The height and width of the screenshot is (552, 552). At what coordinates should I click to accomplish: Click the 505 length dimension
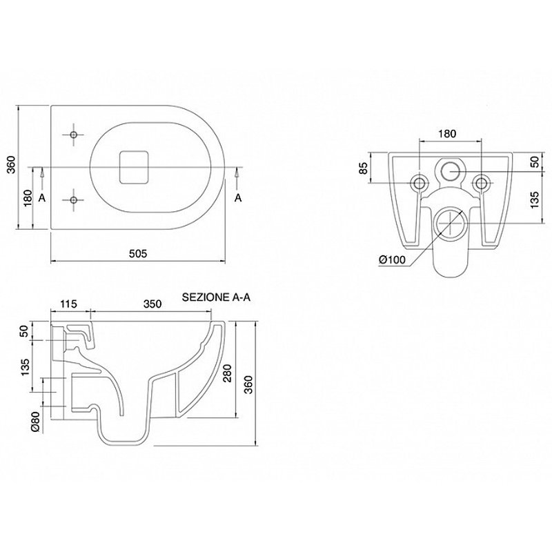pyautogui.click(x=137, y=253)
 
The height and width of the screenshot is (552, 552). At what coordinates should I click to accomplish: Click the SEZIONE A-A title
pyautogui.click(x=216, y=297)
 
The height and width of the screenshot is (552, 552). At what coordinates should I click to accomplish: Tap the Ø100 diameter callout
pyautogui.click(x=392, y=260)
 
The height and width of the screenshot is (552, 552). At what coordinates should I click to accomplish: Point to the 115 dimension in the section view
pyautogui.click(x=68, y=304)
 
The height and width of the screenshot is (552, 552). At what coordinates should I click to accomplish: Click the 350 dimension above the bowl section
pyautogui.click(x=152, y=304)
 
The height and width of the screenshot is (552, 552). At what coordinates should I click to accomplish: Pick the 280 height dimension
pyautogui.click(x=228, y=373)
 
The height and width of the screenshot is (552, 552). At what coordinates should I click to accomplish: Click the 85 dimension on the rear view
pyautogui.click(x=364, y=168)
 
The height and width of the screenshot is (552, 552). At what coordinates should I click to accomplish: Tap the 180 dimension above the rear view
pyautogui.click(x=447, y=134)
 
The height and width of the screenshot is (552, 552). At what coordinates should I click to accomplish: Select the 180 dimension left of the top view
pyautogui.click(x=28, y=198)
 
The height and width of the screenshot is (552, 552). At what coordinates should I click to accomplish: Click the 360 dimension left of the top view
pyautogui.click(x=12, y=164)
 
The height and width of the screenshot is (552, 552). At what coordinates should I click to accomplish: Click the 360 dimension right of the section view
pyautogui.click(x=248, y=385)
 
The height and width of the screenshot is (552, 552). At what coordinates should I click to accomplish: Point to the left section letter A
pyautogui.click(x=42, y=198)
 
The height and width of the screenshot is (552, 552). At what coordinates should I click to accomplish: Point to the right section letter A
pyautogui.click(x=238, y=198)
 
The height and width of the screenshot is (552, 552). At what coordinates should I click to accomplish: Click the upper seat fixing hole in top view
pyautogui.click(x=74, y=135)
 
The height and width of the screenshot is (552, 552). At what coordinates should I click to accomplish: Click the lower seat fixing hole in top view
pyautogui.click(x=74, y=200)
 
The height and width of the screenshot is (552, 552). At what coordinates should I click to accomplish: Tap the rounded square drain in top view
pyautogui.click(x=134, y=167)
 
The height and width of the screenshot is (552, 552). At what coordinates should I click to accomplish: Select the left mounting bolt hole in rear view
pyautogui.click(x=420, y=183)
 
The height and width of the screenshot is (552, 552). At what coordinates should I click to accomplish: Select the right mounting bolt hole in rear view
pyautogui.click(x=481, y=183)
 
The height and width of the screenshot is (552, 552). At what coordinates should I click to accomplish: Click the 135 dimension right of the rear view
pyautogui.click(x=535, y=199)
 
